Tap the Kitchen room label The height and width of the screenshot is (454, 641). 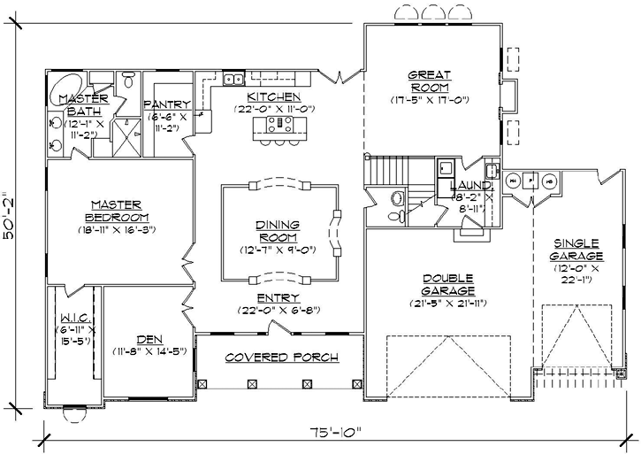tap(273, 96)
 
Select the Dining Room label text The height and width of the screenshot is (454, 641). tap(279, 231)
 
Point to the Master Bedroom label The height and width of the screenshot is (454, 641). tap(118, 212)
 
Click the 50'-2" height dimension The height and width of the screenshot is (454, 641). tap(11, 222)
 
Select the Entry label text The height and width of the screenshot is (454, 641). tap(279, 298)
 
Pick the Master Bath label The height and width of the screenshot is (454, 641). tap(83, 104)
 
